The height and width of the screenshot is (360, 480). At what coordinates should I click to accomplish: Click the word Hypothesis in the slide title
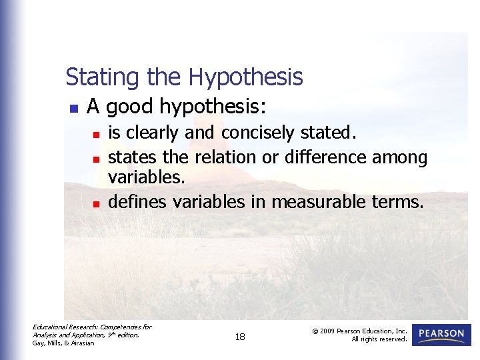245,78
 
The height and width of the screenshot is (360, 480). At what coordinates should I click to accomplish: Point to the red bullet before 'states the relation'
96,159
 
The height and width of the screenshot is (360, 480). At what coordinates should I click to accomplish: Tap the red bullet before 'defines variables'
96,203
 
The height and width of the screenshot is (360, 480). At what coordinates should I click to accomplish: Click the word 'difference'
326,157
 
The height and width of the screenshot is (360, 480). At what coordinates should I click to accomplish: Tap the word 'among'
399,158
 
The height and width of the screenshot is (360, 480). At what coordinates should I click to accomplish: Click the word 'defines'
137,201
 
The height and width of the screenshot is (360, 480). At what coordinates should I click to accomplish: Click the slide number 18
240,337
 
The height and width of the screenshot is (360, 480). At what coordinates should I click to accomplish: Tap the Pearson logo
441,335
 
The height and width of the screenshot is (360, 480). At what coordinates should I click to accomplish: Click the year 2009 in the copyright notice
328,331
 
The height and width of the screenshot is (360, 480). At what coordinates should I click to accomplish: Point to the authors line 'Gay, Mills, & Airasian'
63,343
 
